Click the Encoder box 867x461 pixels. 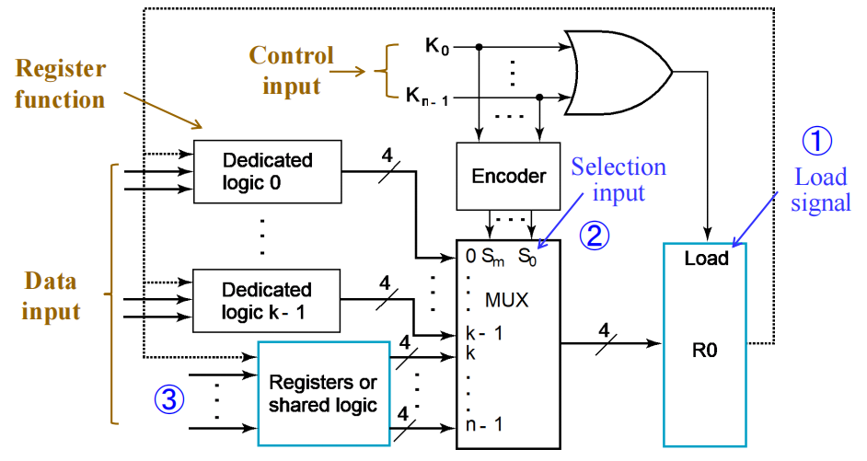click(508, 175)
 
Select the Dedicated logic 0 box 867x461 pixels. click(268, 170)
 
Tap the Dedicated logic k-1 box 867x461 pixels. click(268, 300)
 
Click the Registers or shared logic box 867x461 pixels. click(323, 393)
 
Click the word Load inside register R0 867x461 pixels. click(706, 259)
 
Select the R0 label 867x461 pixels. click(706, 349)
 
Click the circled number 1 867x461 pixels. click(816, 141)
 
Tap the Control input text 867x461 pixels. click(292, 71)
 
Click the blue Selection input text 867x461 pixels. click(618, 179)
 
